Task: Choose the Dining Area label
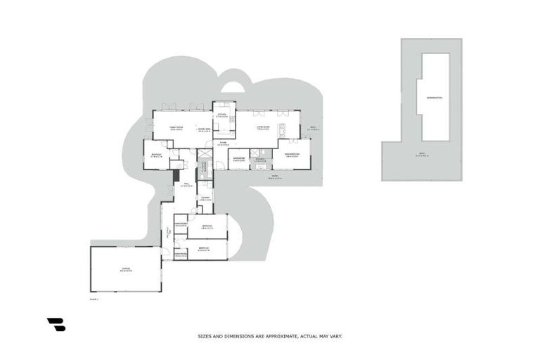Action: [x=205, y=130]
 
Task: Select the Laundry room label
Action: [x=205, y=199]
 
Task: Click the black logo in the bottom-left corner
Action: [x=56, y=324]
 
